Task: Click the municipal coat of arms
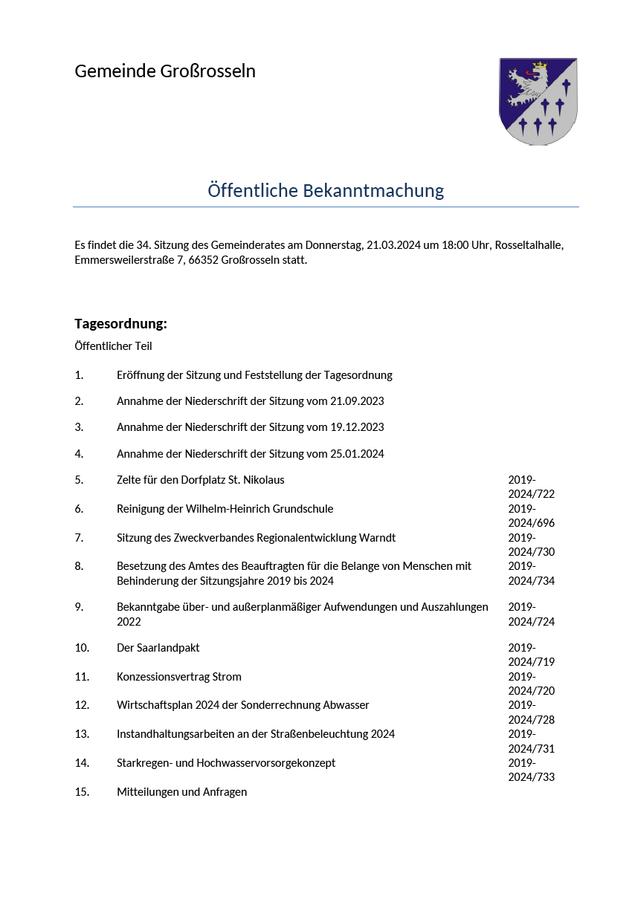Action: [x=538, y=101]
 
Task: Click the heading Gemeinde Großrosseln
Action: [x=164, y=71]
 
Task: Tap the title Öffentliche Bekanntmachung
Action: [x=326, y=191]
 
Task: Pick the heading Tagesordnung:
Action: [x=120, y=324]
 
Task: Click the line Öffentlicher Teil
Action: [x=113, y=346]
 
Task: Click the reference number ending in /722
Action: [x=531, y=487]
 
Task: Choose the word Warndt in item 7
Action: [x=378, y=538]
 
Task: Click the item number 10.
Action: [x=82, y=648]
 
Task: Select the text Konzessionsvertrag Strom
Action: [x=178, y=677]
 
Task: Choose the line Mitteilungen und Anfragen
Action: [x=181, y=792]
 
